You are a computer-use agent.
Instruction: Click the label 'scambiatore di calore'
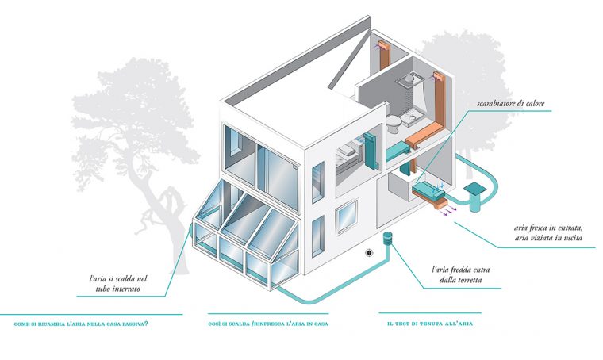click(x=510, y=104)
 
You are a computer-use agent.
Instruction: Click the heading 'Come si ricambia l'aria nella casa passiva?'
click(x=82, y=324)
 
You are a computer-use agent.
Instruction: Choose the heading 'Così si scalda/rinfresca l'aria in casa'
click(x=268, y=324)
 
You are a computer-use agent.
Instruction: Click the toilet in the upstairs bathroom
click(x=393, y=121)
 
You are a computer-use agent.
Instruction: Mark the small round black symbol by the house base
click(x=369, y=254)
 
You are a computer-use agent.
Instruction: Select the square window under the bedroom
click(x=346, y=215)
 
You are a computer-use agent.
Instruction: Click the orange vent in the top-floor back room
click(x=383, y=54)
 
